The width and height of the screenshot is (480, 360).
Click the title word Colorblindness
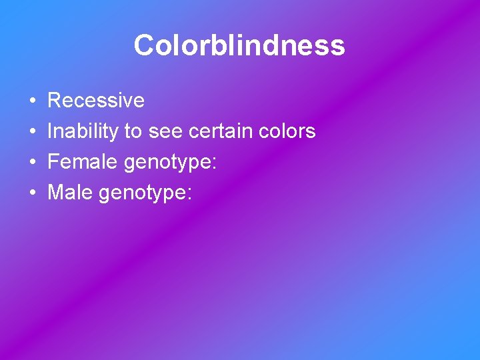[x=239, y=45]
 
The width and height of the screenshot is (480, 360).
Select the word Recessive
[x=96, y=101]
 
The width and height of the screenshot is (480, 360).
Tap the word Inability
[x=83, y=131]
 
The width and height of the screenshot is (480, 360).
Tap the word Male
[x=71, y=193]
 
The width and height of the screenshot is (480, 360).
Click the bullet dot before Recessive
[x=33, y=101]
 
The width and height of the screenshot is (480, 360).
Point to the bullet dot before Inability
[x=33, y=132]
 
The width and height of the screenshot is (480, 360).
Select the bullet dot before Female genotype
[x=33, y=163]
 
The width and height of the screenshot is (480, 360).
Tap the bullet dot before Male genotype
[x=33, y=193]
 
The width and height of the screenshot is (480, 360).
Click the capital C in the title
[x=144, y=45]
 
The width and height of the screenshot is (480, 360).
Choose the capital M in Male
[x=55, y=193]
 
